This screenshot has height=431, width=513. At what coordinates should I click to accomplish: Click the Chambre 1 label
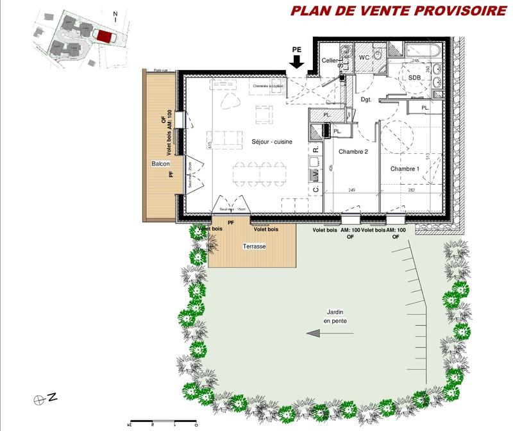[405, 169]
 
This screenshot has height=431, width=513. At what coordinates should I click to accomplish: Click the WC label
[364, 57]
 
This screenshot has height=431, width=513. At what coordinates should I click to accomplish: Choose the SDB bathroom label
[414, 78]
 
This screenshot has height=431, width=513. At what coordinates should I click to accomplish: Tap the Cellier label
[330, 60]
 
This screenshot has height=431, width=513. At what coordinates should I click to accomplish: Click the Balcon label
[160, 164]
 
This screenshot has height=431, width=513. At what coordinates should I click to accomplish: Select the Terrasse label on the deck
[255, 246]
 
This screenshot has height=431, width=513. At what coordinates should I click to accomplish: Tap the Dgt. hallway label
[367, 99]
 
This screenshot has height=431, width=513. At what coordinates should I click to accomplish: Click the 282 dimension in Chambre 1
[412, 190]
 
